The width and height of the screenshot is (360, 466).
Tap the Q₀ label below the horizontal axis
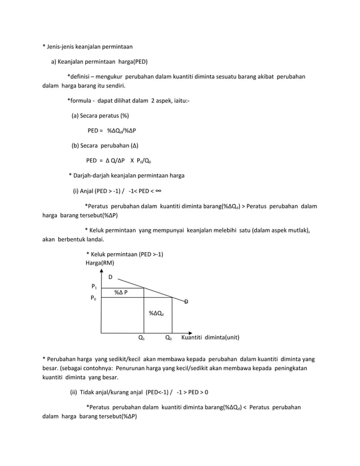point(168,338)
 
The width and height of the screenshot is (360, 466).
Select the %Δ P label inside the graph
point(120,292)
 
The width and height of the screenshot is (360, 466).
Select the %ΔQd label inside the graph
point(156,313)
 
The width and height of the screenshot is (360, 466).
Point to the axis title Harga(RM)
point(99,263)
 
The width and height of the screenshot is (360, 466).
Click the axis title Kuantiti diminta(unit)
point(210,338)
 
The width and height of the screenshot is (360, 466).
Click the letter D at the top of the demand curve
point(111,277)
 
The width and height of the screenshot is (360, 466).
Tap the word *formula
point(80,101)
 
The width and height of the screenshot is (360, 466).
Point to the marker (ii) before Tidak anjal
point(73,392)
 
